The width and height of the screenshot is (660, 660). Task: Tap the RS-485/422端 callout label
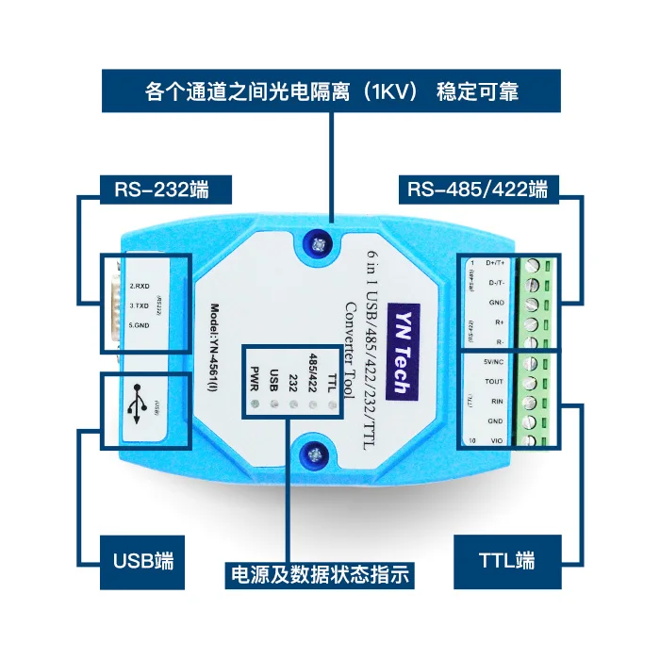(x=477, y=190)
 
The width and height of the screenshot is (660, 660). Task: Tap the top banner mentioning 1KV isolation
(x=332, y=92)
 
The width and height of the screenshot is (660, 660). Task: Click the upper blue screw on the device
(x=317, y=245)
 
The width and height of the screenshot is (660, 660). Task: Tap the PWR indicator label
(x=252, y=376)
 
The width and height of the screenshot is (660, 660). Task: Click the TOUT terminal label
(x=494, y=382)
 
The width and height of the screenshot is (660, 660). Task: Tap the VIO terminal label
(x=497, y=441)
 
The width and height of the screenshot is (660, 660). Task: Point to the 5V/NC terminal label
(x=493, y=362)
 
